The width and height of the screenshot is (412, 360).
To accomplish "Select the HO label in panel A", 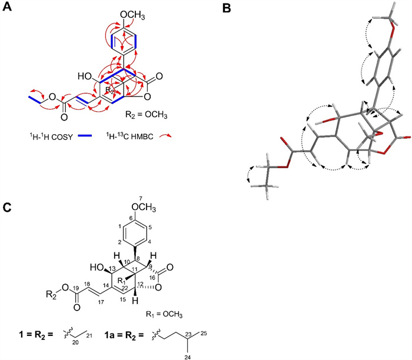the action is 84,76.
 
